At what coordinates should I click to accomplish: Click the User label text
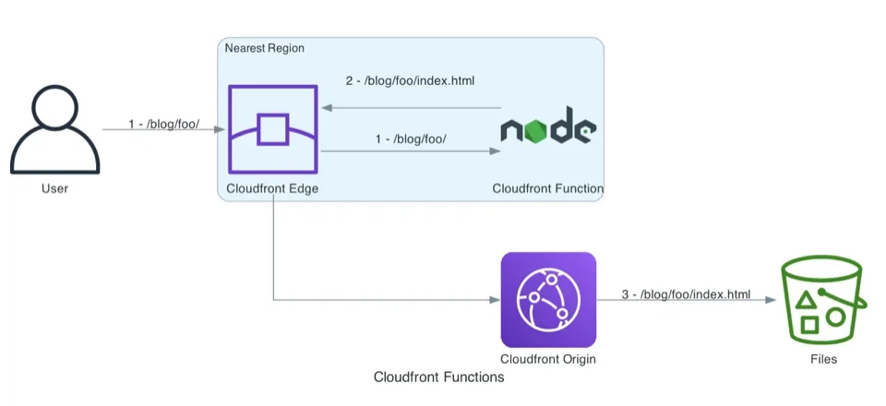point(54,189)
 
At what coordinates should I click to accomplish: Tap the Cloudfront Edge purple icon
point(273,129)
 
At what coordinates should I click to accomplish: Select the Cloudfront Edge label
point(273,189)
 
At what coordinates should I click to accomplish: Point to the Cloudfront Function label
point(547,189)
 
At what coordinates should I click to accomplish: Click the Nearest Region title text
point(265,48)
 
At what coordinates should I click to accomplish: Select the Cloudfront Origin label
point(547,359)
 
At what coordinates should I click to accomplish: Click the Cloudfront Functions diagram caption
point(438,377)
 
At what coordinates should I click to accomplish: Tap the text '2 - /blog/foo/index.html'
point(410,81)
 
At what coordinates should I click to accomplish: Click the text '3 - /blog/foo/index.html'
point(686,294)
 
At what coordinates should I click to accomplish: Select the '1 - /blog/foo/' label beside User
point(164,124)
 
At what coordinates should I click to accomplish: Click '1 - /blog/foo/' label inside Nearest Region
point(411,138)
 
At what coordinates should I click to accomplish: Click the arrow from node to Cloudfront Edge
point(411,108)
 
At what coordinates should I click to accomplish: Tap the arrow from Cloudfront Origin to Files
point(686,301)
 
